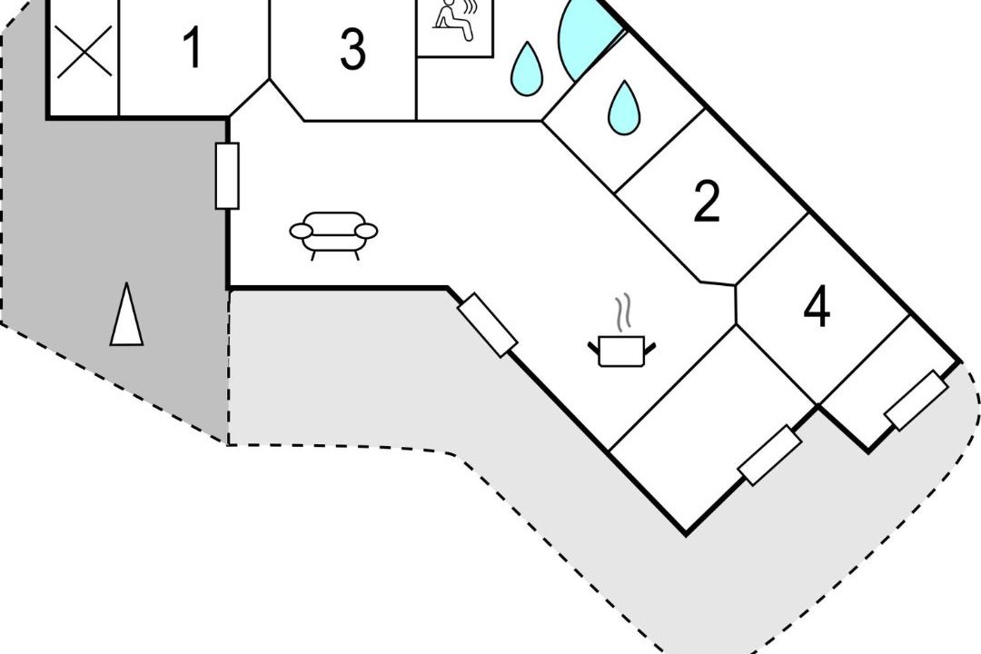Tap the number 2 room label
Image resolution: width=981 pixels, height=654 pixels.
(x=707, y=202)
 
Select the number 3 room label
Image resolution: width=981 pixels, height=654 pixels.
(x=352, y=49)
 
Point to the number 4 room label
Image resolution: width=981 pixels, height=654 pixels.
(x=817, y=307)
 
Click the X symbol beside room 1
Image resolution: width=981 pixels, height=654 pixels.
(x=84, y=51)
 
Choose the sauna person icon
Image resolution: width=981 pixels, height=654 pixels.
(x=455, y=22)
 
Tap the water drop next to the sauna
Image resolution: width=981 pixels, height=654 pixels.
(x=527, y=69)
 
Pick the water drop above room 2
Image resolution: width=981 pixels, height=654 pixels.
(x=624, y=108)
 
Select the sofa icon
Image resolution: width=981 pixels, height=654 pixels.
(x=333, y=235)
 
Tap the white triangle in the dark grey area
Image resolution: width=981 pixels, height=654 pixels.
(x=127, y=314)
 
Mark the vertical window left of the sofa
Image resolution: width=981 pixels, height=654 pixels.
(x=227, y=176)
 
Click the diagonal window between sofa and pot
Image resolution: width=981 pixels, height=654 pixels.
(x=488, y=325)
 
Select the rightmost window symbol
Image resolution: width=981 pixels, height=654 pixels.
(x=916, y=401)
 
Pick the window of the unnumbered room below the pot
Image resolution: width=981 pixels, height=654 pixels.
(x=770, y=455)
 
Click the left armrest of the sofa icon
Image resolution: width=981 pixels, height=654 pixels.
(x=301, y=232)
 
